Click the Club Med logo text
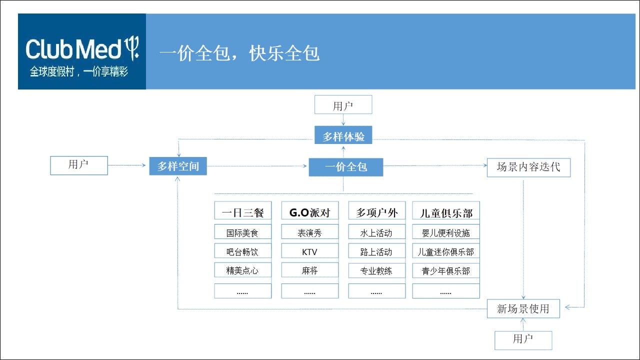coord(73,49)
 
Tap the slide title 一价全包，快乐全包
coord(239,53)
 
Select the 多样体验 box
coord(343,135)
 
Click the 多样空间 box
coord(178,166)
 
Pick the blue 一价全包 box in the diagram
coord(345,167)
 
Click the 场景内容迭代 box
coord(528,167)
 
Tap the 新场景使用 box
coord(523,308)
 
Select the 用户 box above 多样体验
coord(343,104)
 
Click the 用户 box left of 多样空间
coord(79,165)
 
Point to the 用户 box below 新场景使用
coord(523,340)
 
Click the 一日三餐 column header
coord(243,210)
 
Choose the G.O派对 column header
coord(309,210)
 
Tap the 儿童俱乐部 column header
coord(445,210)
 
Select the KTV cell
coord(309,251)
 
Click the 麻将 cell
coord(309,269)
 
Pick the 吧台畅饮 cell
coord(243,251)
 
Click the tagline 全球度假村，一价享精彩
coord(79,71)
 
